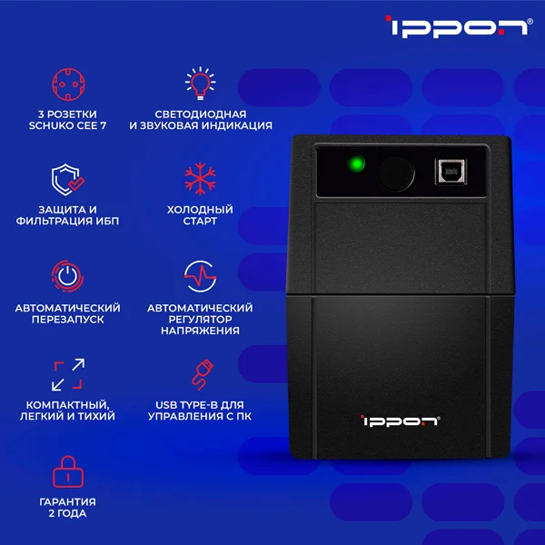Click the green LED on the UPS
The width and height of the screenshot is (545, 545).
click(x=356, y=163)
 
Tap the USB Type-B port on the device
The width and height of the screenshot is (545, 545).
click(x=451, y=172)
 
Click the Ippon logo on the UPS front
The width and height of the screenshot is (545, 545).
click(x=400, y=421)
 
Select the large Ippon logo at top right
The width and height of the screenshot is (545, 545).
click(x=459, y=26)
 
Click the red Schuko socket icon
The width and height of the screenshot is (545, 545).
click(x=68, y=84)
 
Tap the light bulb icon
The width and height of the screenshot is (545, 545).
click(x=200, y=84)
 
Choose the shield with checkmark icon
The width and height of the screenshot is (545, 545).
click(x=68, y=179)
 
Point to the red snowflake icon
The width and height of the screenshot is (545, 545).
click(x=200, y=178)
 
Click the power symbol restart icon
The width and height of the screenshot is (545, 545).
click(x=67, y=276)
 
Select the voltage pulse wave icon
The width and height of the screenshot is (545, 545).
click(x=200, y=276)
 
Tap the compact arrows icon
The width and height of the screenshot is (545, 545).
click(x=68, y=374)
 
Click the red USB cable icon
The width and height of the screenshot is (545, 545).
click(x=203, y=375)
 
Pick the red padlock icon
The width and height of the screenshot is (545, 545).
click(x=68, y=471)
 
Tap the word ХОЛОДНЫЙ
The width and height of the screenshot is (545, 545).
click(x=200, y=210)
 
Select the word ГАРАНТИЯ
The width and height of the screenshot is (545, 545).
click(x=68, y=502)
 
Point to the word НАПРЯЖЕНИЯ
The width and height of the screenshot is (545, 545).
click(x=200, y=331)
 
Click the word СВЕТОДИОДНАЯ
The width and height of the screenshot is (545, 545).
click(x=201, y=114)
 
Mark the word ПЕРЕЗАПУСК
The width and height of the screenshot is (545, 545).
click(x=68, y=320)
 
